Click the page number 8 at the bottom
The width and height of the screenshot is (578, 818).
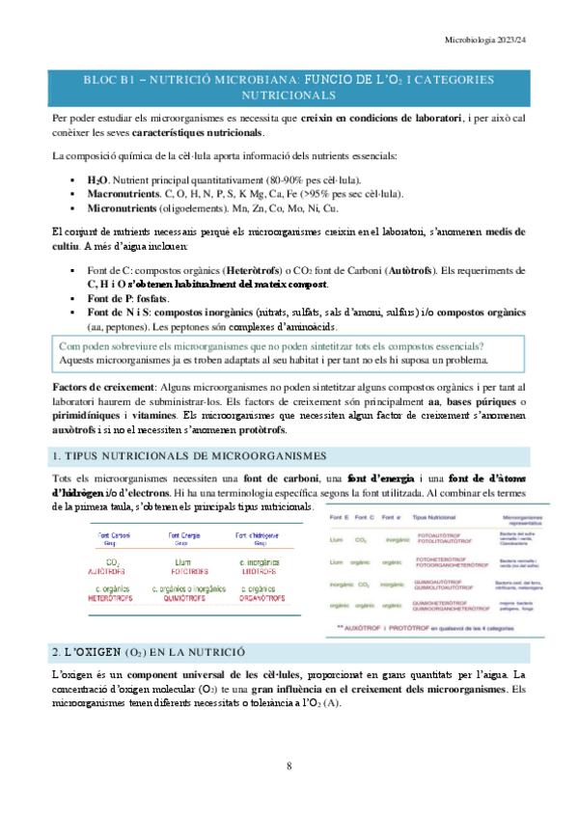point(289,767)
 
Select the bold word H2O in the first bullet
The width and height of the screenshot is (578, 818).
point(97,179)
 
